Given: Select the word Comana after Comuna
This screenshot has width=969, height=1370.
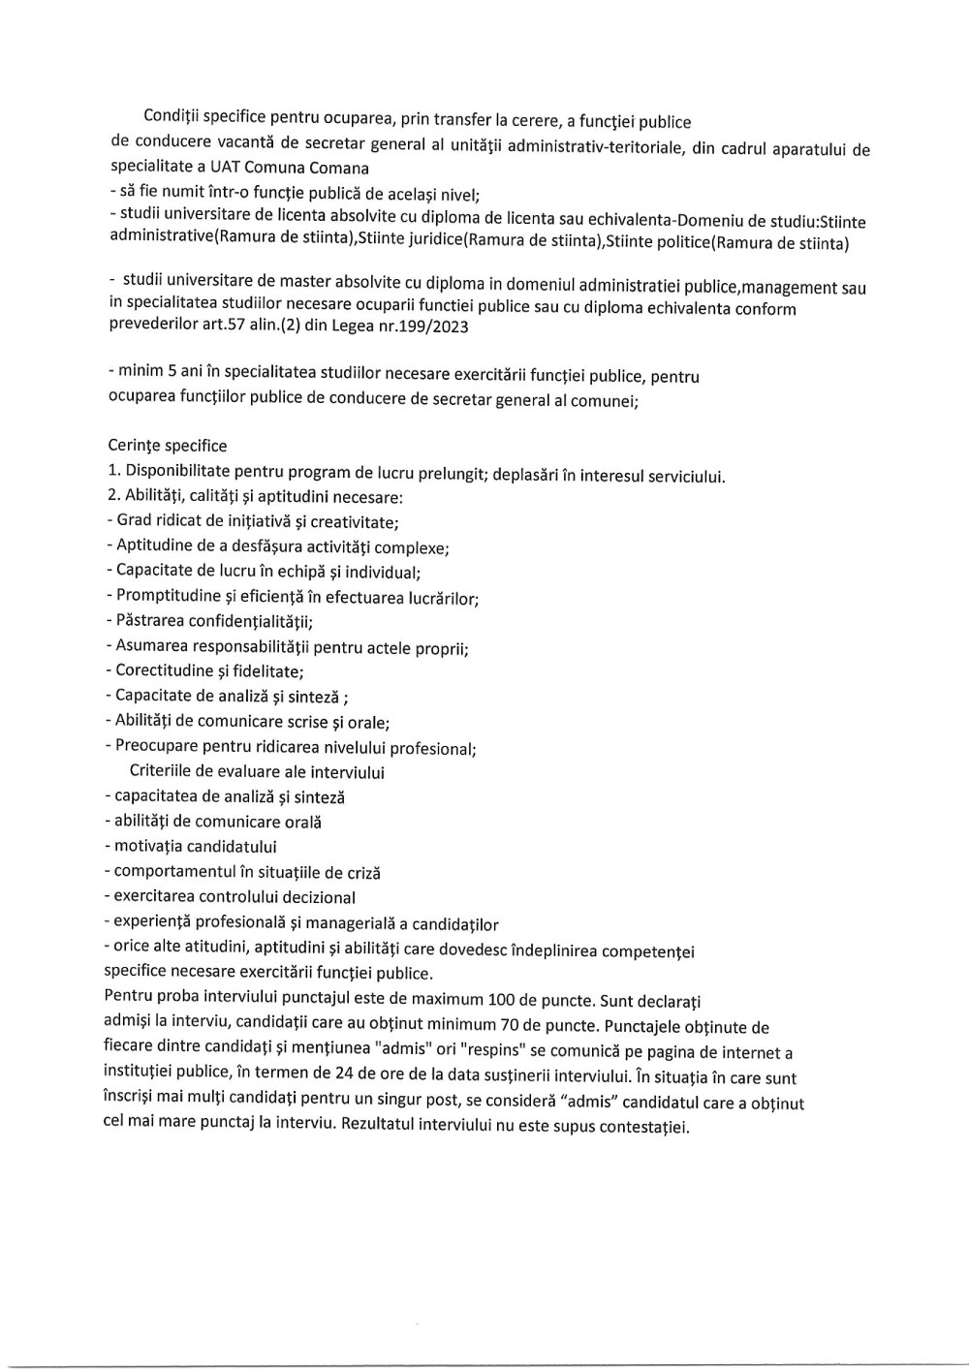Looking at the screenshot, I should (338, 167).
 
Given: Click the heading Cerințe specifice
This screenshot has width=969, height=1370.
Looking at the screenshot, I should (167, 446).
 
